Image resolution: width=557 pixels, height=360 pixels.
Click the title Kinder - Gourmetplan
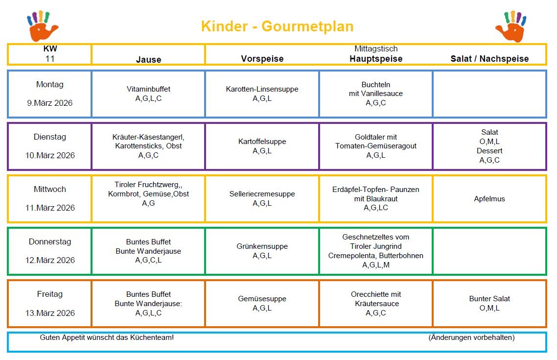click(x=277, y=26)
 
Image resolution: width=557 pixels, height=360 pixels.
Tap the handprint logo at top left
click(x=43, y=26)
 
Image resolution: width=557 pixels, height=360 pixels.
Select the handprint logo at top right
click(x=510, y=26)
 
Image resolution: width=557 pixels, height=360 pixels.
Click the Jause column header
click(x=148, y=60)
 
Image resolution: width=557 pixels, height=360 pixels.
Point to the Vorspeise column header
click(x=262, y=59)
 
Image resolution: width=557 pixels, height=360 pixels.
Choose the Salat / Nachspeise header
click(x=489, y=59)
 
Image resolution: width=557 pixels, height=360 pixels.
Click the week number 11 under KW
click(x=49, y=58)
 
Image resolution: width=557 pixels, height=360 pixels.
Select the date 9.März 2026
click(x=50, y=103)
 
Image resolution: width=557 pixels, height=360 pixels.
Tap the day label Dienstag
click(x=50, y=137)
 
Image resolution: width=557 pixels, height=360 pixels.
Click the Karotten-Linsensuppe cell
click(x=262, y=89)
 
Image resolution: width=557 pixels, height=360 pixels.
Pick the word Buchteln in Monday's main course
click(x=375, y=85)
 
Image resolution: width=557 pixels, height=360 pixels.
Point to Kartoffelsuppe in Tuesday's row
click(x=262, y=142)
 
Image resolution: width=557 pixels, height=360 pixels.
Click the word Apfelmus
click(x=489, y=199)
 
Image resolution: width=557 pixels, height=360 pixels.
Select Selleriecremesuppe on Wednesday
click(x=262, y=194)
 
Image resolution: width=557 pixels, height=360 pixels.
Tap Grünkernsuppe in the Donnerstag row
click(x=262, y=246)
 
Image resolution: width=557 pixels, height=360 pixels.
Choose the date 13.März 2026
click(x=50, y=313)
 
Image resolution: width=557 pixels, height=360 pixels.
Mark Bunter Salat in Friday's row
click(x=489, y=299)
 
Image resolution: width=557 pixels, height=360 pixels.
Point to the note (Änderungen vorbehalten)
click(x=471, y=337)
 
